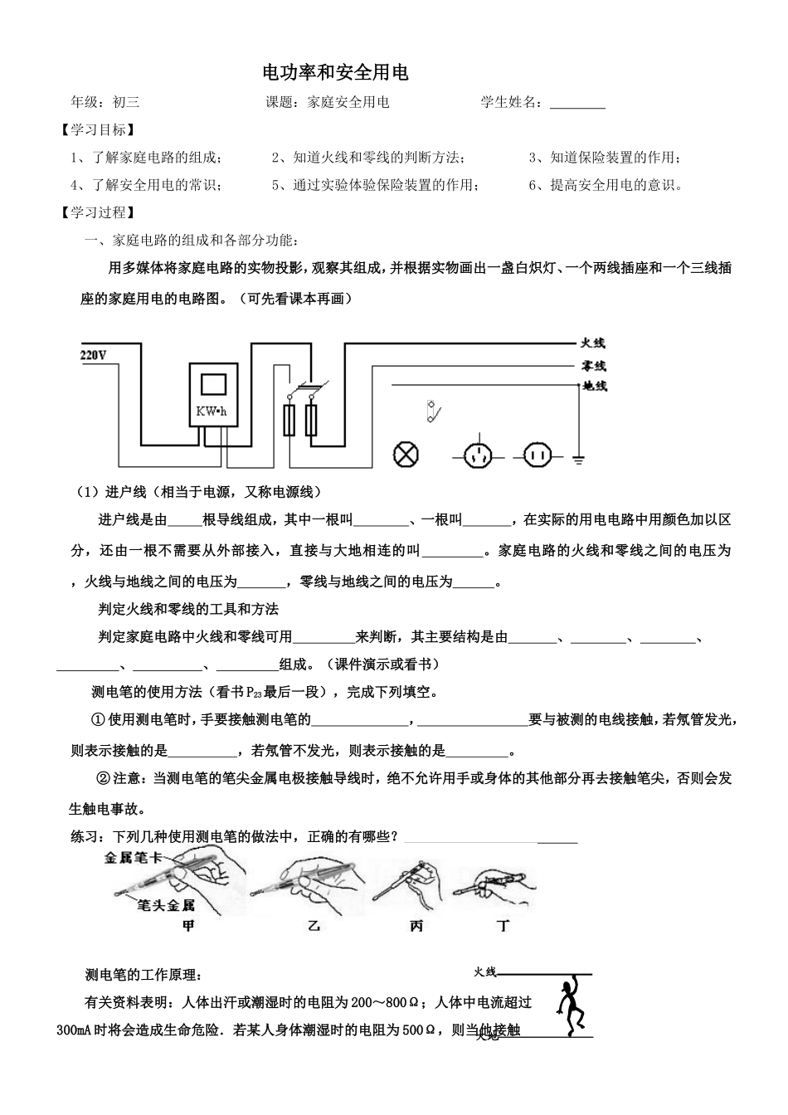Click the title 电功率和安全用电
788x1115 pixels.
335,73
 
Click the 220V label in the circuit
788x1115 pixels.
94,355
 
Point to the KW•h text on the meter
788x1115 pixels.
212,412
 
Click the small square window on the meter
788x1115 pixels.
214,383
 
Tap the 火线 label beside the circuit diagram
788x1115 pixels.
593,343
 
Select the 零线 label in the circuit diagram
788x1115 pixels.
593,365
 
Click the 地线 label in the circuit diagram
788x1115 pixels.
595,386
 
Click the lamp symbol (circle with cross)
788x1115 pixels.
406,454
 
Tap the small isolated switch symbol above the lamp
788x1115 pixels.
433,411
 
